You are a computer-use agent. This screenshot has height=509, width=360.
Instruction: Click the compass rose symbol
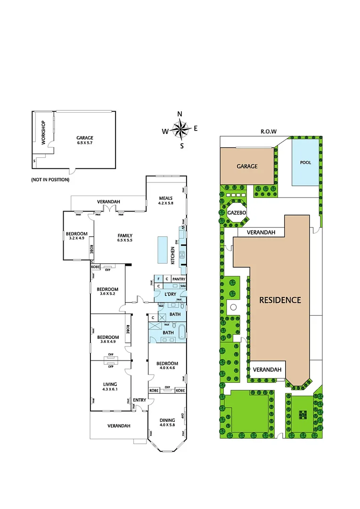tap(180, 128)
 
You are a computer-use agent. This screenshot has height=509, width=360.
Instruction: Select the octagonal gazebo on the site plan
tap(236, 213)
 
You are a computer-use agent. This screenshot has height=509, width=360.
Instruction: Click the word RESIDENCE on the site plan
tap(278, 300)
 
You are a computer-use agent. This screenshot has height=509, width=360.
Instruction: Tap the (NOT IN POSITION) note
tap(50, 180)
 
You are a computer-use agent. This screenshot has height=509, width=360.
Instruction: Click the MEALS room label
tap(165, 198)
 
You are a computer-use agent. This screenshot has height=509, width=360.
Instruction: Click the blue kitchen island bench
tap(162, 250)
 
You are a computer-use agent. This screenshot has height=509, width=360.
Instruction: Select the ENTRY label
tap(139, 400)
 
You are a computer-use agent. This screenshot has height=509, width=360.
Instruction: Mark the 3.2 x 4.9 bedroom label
tap(76, 239)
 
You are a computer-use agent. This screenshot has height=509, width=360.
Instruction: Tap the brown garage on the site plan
tap(246, 166)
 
